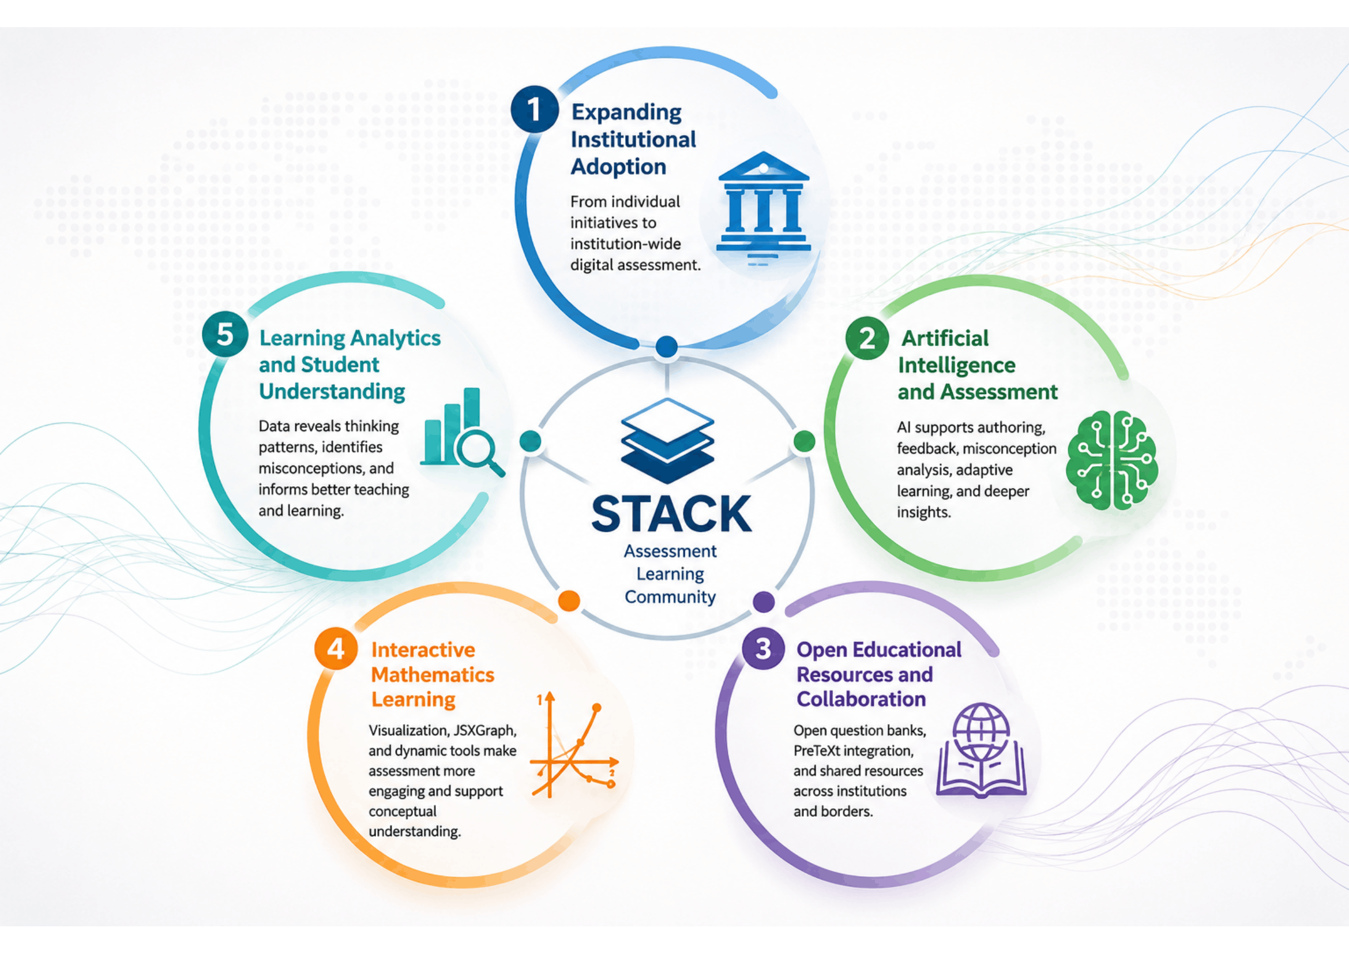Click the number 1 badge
tap(534, 109)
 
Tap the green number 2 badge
tap(867, 339)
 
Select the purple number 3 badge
tap(762, 648)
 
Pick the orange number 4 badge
tap(336, 648)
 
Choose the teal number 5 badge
tap(225, 335)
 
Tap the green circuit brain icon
tap(1112, 460)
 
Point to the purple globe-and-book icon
tap(980, 750)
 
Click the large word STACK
tap(671, 514)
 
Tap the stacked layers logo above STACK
tap(667, 441)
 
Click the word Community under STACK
tap(670, 598)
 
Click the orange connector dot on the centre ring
tap(569, 600)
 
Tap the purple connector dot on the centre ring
tap(763, 602)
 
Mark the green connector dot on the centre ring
tap(804, 441)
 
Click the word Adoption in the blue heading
tap(618, 167)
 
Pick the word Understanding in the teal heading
tap(332, 391)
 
